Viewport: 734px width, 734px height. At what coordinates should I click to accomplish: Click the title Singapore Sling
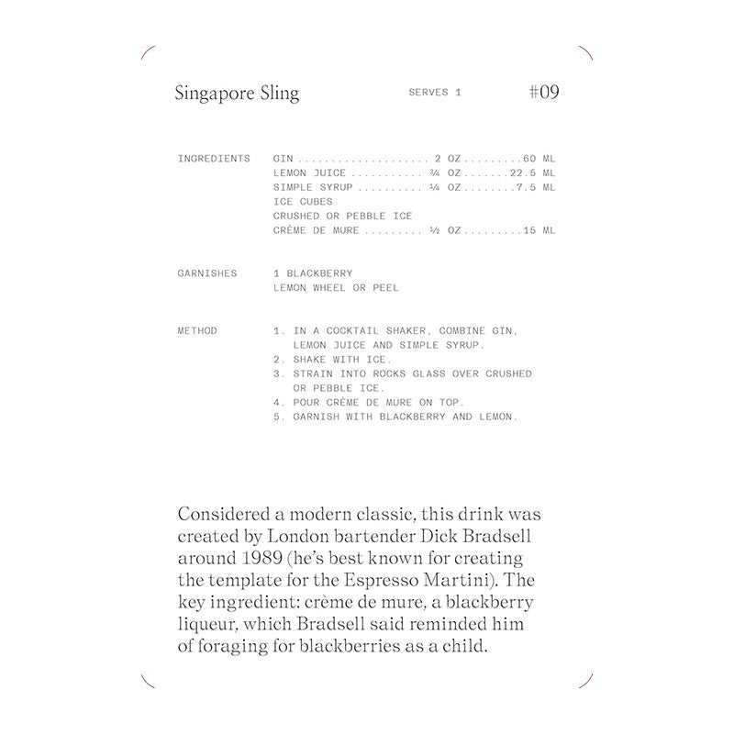237,94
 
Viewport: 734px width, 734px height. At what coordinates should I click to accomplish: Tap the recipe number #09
544,93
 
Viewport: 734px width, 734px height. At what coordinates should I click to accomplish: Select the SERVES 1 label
434,94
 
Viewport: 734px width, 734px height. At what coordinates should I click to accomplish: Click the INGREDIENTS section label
214,159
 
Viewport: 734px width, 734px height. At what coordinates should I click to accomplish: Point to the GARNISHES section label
207,273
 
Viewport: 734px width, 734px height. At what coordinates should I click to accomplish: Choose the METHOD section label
197,331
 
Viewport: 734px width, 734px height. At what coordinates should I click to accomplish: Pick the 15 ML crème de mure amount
539,230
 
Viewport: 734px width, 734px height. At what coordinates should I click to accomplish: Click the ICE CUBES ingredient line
303,202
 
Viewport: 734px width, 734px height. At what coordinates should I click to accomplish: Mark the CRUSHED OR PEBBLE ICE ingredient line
342,217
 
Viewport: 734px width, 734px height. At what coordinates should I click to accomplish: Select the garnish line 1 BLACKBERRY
313,273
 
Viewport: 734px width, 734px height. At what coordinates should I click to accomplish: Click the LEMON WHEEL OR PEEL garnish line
336,288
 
